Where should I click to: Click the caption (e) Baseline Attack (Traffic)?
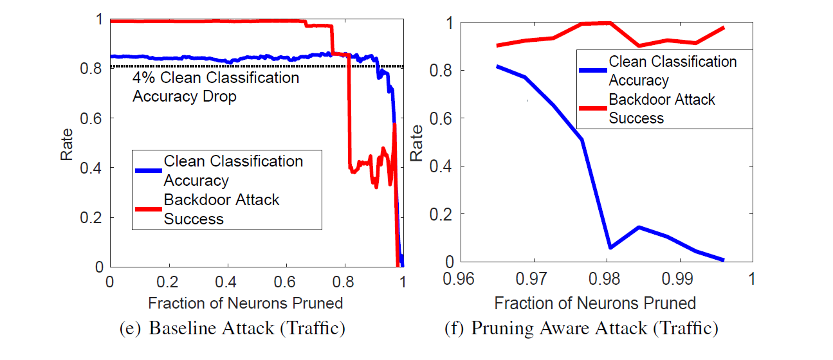coord(233,328)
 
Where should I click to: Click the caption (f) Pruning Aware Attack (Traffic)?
coord(581,328)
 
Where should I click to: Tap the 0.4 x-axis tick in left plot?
coord(226,282)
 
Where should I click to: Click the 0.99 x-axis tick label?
coord(679,280)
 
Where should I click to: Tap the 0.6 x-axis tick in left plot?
coord(285,282)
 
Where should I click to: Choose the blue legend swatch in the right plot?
coord(592,71)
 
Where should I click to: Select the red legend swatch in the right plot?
coord(592,109)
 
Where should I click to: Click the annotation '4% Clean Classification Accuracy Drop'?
coord(215,87)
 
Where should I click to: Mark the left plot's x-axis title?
coord(245,302)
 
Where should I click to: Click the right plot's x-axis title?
coord(595,302)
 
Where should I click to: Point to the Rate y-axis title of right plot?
coord(417,142)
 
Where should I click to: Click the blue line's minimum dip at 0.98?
coord(609,248)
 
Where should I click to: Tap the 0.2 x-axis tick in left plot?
coord(168,282)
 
